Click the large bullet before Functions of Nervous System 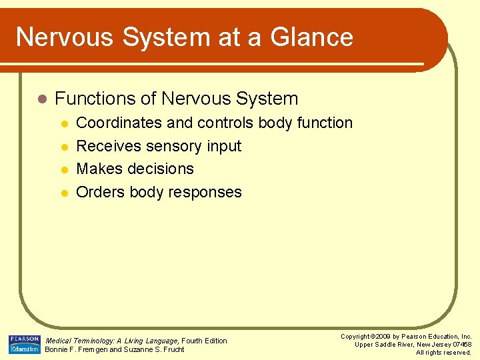click(42, 99)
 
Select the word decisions click(162, 169)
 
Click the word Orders click(98, 192)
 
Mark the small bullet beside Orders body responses click(64, 193)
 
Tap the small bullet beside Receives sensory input click(64, 147)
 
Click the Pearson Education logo click(24, 344)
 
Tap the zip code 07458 click(461, 345)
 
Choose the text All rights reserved click(443, 353)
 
